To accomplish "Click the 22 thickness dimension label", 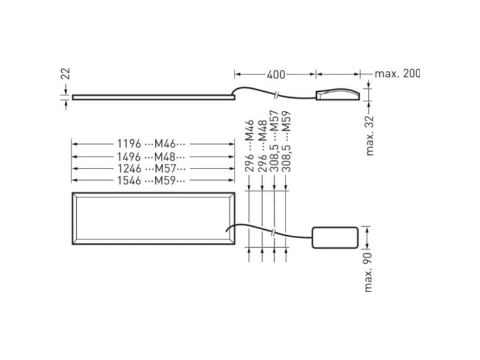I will [x=67, y=73].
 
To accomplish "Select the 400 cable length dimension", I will [x=275, y=74].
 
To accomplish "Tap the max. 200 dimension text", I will [x=397, y=74].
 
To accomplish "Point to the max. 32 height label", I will [x=370, y=135].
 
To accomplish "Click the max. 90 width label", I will [x=369, y=272].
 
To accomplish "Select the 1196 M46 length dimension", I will [x=152, y=144].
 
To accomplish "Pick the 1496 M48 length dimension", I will [x=152, y=157].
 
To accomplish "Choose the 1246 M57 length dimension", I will [x=152, y=169].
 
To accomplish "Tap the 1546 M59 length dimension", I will [x=152, y=181].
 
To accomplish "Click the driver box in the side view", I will [x=338, y=94].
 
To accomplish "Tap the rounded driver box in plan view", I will [x=335, y=237].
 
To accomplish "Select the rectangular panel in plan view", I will [x=152, y=218].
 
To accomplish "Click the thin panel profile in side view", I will [x=152, y=97].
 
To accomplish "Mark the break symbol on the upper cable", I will [x=275, y=94].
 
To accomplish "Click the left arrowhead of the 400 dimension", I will [x=236, y=74].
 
